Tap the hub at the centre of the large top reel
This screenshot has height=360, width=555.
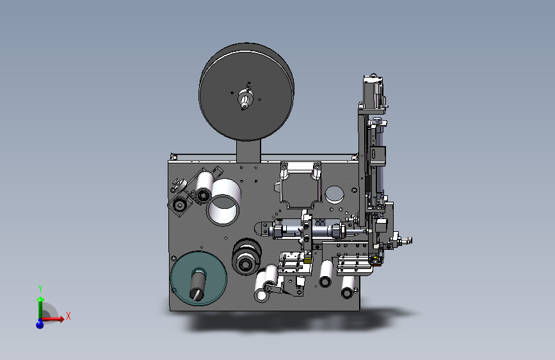[x=245, y=98]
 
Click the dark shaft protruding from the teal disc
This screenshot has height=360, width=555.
[x=198, y=284]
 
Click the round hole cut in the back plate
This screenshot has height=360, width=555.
[x=334, y=195]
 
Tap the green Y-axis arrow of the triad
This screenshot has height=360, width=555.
[x=40, y=307]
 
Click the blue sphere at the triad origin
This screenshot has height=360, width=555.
[x=40, y=324]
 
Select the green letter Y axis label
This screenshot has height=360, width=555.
[x=40, y=289]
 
